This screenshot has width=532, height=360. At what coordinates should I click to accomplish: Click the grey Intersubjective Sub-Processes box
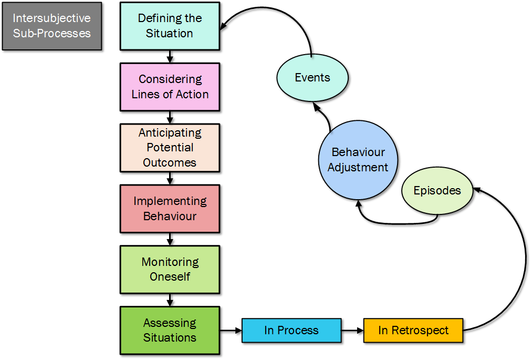(x=52, y=26)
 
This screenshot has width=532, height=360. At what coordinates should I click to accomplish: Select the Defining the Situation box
(x=170, y=26)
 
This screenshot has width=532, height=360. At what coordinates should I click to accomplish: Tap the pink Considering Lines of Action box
(x=170, y=87)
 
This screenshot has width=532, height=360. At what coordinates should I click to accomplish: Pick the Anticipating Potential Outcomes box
(x=170, y=148)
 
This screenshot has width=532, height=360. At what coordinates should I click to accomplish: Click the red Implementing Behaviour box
(x=170, y=209)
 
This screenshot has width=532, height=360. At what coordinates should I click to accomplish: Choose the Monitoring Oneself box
(x=170, y=269)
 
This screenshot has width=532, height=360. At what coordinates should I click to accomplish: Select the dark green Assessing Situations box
(x=170, y=330)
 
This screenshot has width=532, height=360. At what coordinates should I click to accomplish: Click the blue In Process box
(x=291, y=331)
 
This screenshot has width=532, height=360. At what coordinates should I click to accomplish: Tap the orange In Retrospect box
(x=413, y=331)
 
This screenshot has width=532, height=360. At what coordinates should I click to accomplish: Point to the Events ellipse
(x=312, y=78)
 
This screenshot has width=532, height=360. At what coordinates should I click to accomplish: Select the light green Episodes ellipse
(x=437, y=191)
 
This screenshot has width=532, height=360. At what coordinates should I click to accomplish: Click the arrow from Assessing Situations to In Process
(x=231, y=331)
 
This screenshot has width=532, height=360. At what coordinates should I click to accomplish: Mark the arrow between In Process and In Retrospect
(x=352, y=331)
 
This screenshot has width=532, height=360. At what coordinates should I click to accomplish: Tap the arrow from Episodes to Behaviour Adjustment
(x=394, y=222)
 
